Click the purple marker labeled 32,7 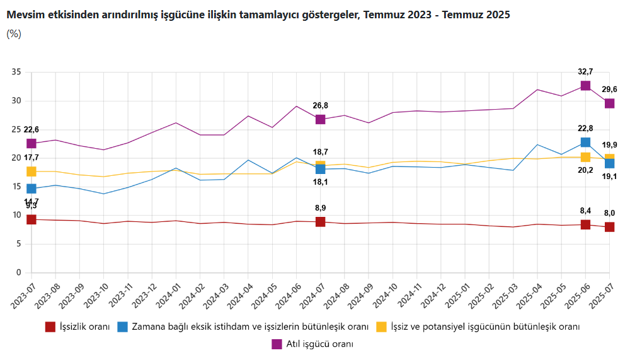click(x=585, y=86)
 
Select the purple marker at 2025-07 click(x=609, y=103)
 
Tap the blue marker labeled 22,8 click(x=585, y=142)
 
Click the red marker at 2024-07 click(x=320, y=222)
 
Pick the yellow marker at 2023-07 click(x=31, y=171)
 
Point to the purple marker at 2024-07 click(x=320, y=119)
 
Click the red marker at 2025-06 click(x=585, y=224)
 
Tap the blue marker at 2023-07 click(x=31, y=189)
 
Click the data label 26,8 click(x=320, y=105)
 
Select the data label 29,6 click(x=610, y=90)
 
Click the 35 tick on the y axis click(x=16, y=73)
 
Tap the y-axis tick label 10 click(x=16, y=216)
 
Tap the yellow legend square click(x=381, y=327)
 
